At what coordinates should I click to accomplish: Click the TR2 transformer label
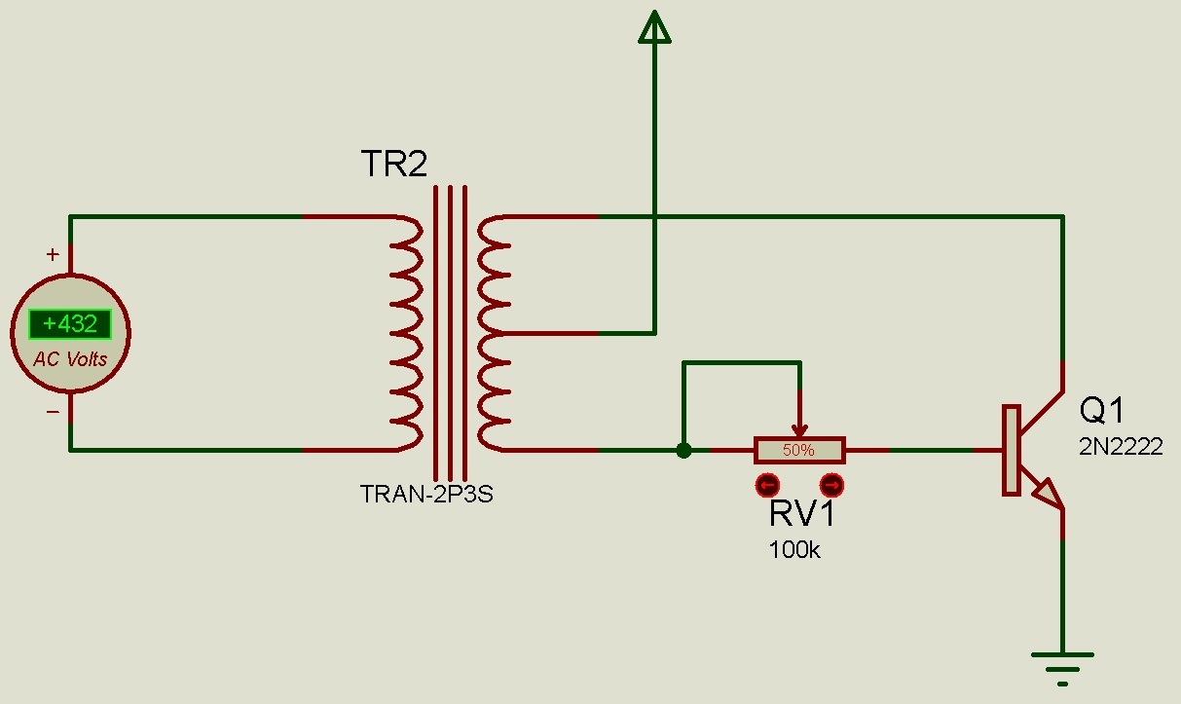point(393,164)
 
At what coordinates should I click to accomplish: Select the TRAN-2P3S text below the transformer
point(427,494)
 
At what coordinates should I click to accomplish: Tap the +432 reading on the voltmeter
point(69,324)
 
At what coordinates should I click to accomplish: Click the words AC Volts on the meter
point(70,359)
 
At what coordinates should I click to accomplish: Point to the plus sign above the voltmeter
point(53,255)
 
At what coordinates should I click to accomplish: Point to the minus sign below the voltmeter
point(53,411)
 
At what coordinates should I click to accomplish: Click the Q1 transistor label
point(1102,411)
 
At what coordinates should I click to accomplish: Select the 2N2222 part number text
point(1120,447)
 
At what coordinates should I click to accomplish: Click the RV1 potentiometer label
point(801,514)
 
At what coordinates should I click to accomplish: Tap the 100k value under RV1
point(793,550)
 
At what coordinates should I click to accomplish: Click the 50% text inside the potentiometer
point(798,451)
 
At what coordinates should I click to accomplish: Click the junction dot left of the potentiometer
point(683,450)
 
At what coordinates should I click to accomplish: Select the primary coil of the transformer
point(405,333)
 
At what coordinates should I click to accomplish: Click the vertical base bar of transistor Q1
point(1011,450)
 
